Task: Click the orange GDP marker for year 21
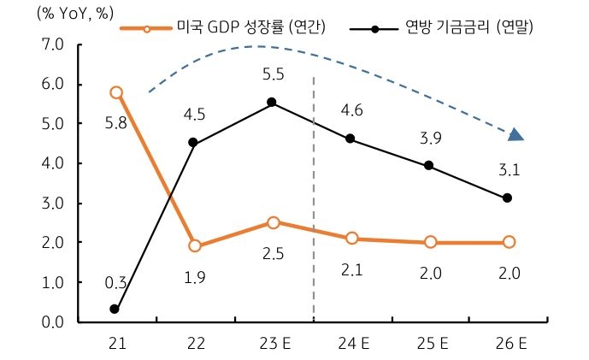pyautogui.click(x=116, y=92)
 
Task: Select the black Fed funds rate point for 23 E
pyautogui.click(x=272, y=103)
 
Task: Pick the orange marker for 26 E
pyautogui.click(x=509, y=242)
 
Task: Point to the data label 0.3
pyautogui.click(x=116, y=282)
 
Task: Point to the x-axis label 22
pyautogui.click(x=194, y=344)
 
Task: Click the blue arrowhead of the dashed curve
pyautogui.click(x=515, y=134)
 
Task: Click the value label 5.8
pyautogui.click(x=116, y=122)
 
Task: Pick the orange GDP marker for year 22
pyautogui.click(x=194, y=246)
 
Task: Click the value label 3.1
pyautogui.click(x=509, y=170)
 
